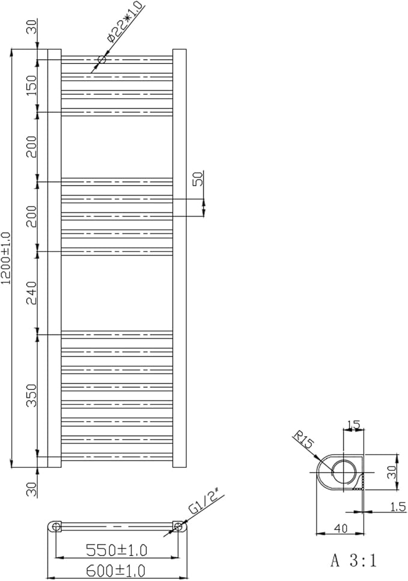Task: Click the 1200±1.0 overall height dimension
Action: tap(7, 257)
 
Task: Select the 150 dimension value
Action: tap(33, 85)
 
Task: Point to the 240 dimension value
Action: tap(33, 292)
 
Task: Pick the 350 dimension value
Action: tap(33, 395)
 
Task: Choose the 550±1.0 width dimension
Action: tap(117, 550)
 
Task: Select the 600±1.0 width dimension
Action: tap(117, 569)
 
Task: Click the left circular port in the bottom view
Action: tap(56, 527)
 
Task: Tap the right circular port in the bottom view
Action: tap(178, 527)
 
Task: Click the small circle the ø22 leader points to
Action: tap(102, 59)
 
